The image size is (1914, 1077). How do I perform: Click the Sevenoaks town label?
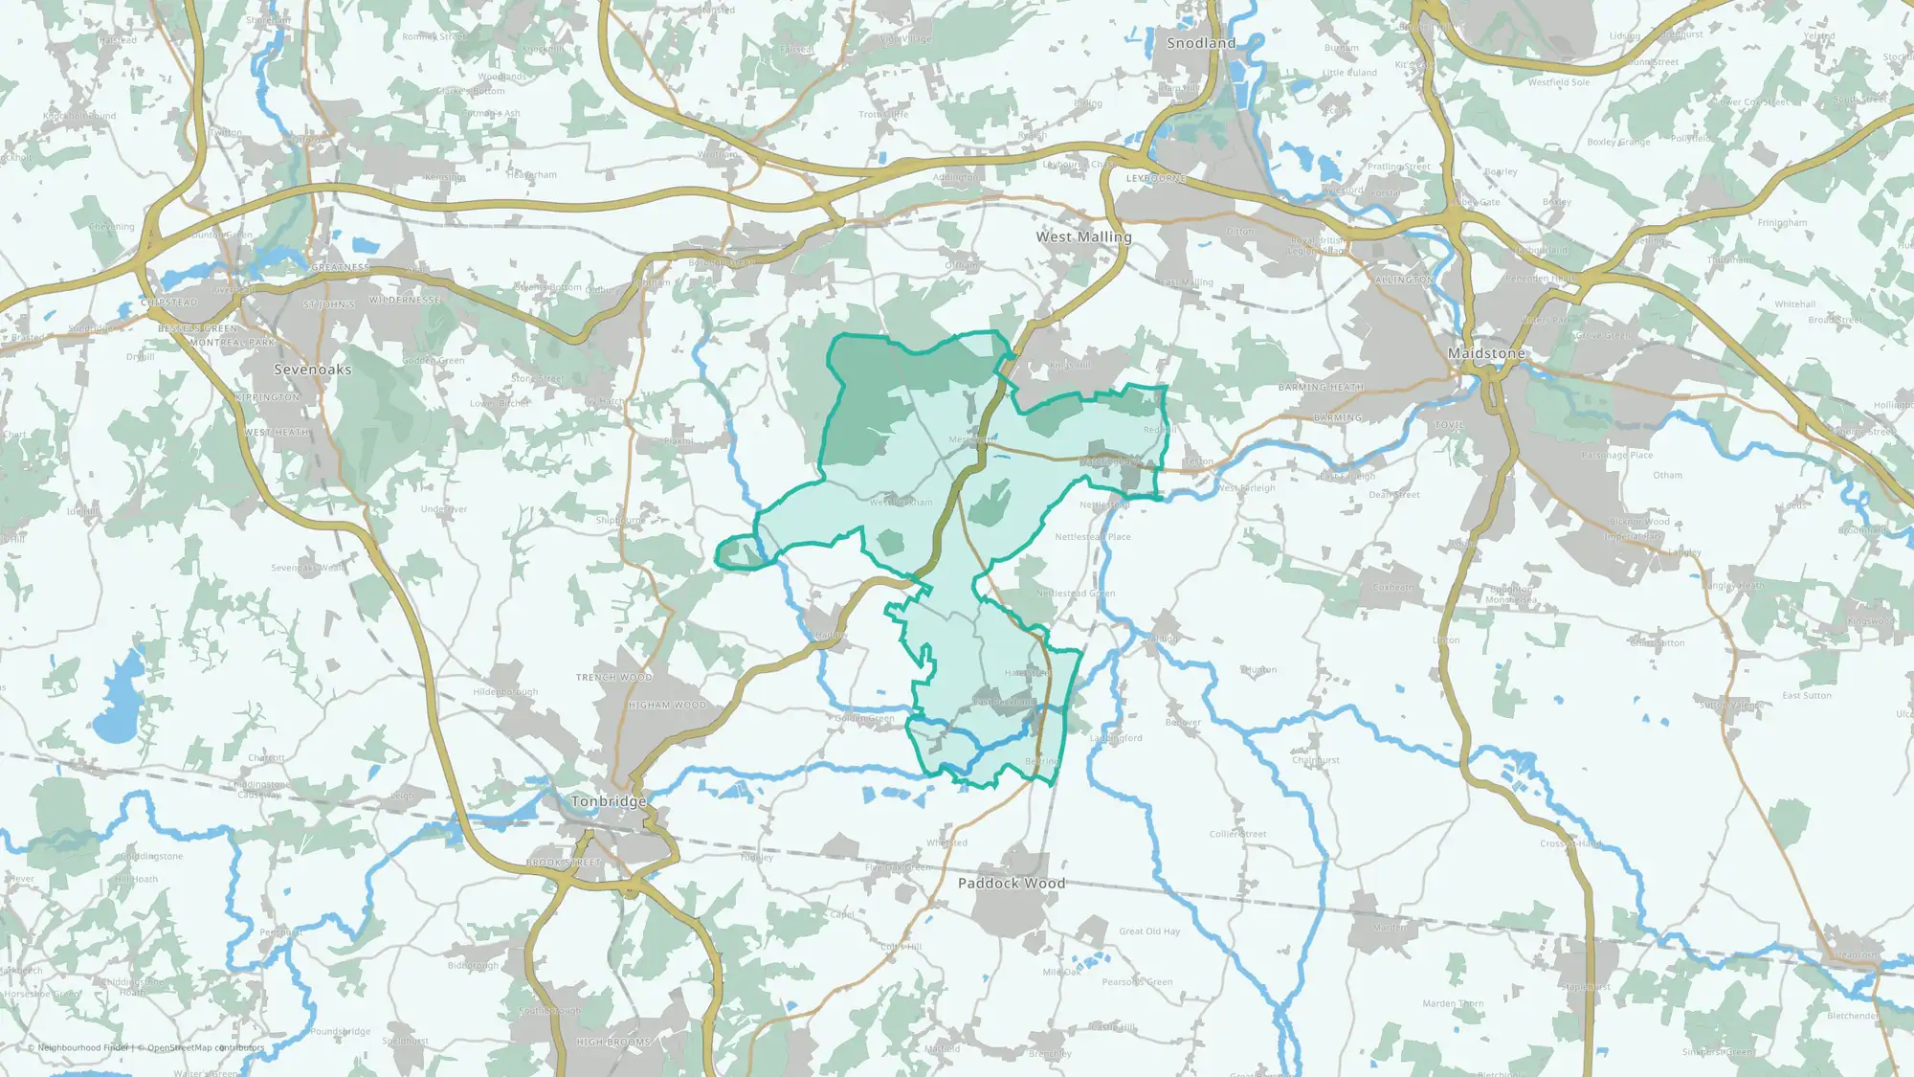312,370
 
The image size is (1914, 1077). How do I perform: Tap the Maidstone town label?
1486,353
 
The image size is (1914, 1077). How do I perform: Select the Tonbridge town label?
609,801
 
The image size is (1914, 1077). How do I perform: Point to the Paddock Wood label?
1012,883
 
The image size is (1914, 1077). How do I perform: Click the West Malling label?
1083,236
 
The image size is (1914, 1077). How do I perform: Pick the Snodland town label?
1201,43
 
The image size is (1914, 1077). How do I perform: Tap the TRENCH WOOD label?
614,677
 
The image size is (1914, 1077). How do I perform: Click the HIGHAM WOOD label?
667,706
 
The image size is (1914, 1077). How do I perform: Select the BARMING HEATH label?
1321,388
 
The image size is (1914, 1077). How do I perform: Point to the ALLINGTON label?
1404,280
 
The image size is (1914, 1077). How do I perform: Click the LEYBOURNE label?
1156,178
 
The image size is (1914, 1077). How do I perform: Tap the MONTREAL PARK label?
232,343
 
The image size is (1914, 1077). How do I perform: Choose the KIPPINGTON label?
267,397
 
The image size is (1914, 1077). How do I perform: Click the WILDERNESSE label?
405,300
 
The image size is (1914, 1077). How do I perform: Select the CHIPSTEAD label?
168,303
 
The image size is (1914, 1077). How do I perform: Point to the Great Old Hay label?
1149,931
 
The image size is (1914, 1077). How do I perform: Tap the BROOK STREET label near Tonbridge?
563,863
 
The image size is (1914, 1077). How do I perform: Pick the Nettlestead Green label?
1075,594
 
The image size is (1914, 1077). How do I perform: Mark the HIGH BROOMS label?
613,1042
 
